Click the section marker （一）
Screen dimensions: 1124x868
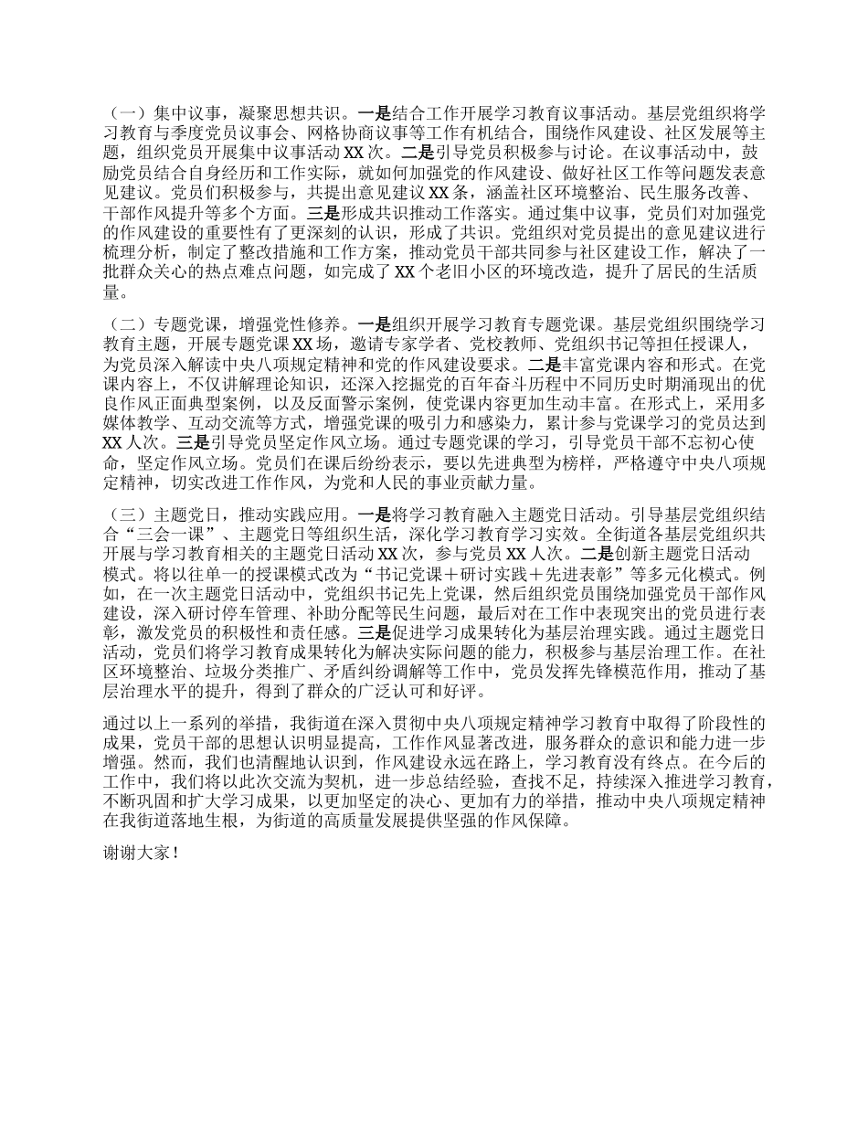point(124,114)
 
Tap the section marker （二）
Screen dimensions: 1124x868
point(124,323)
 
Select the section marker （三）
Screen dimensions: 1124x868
point(124,514)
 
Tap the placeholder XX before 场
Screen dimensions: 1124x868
point(302,345)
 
